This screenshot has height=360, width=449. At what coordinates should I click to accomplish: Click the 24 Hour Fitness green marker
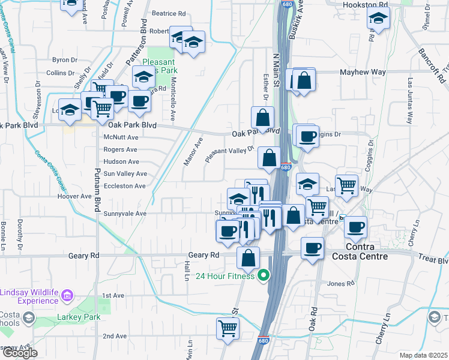[x=263, y=277]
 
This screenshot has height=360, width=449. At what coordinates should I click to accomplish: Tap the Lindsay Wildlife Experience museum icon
[x=67, y=295]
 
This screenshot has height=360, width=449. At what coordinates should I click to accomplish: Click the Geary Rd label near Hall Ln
[x=204, y=255]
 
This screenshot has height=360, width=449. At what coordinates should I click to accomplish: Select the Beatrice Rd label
[x=169, y=13]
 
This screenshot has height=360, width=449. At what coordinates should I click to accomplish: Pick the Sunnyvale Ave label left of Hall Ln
[x=125, y=213]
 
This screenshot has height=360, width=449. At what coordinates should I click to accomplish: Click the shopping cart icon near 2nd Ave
[x=228, y=328]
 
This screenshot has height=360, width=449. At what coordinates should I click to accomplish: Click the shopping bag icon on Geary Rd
[x=248, y=258]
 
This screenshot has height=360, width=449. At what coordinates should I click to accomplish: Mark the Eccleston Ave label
[x=124, y=186]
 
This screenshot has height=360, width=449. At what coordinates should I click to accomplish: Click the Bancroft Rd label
[x=433, y=65]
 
